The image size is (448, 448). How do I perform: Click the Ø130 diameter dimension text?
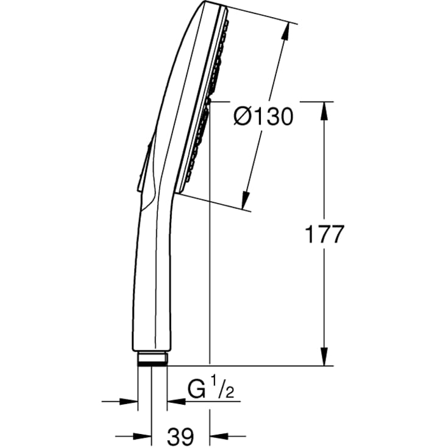(263, 116)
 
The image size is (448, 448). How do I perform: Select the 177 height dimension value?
(324, 234)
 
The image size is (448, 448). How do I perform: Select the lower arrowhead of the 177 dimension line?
(324, 356)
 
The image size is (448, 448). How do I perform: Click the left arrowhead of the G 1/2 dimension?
(129, 402)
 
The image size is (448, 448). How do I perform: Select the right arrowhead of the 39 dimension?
(218, 436)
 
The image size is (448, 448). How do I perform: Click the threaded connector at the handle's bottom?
(152, 359)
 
